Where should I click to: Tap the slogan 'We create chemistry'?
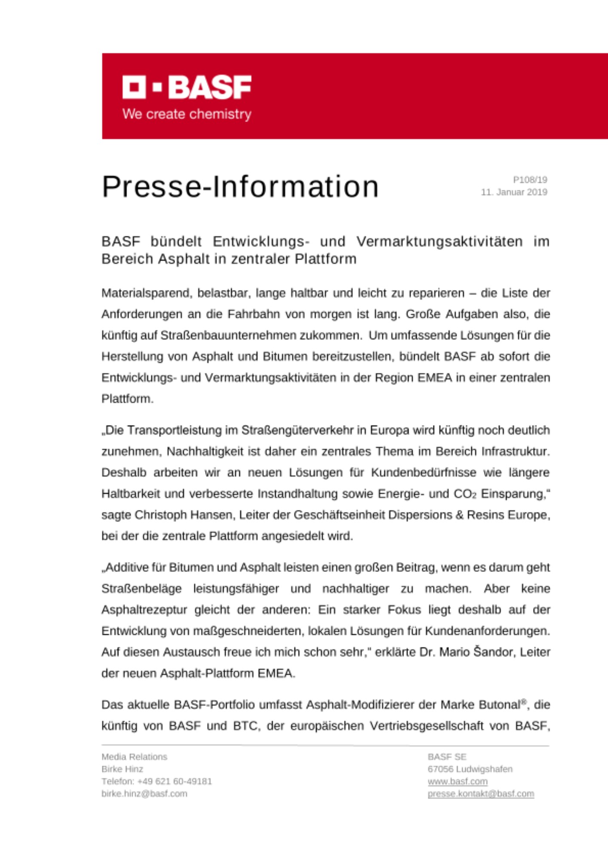(x=187, y=114)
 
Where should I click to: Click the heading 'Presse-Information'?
(x=240, y=187)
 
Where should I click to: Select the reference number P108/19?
(x=530, y=180)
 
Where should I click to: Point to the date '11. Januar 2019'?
(x=514, y=192)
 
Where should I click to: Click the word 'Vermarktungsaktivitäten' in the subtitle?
(x=439, y=242)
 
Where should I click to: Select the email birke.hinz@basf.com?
(x=144, y=794)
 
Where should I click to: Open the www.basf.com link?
(x=457, y=781)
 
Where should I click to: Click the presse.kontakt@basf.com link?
(x=480, y=794)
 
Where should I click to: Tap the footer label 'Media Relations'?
(x=134, y=757)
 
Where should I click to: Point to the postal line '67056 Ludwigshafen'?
(x=470, y=769)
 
